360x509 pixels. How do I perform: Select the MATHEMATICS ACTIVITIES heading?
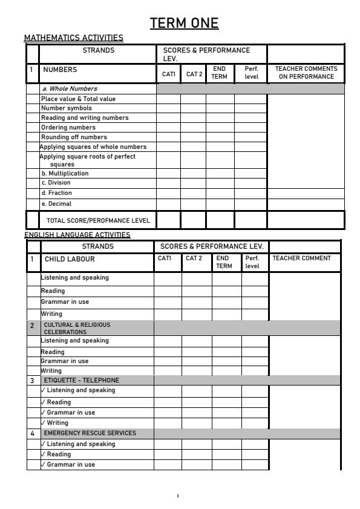tap(73, 38)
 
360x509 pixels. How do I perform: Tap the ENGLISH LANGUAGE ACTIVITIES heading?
tap(77, 235)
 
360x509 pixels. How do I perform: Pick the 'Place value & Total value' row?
tap(78, 99)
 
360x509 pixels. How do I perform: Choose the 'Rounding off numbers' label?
tap(69, 137)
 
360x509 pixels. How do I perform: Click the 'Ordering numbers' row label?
tap(68, 128)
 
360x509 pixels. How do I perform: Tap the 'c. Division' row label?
tap(56, 183)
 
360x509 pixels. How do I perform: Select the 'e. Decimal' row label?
tap(56, 204)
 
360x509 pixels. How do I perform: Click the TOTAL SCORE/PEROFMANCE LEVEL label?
tap(98, 220)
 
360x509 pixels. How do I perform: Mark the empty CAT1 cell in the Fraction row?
tap(168, 193)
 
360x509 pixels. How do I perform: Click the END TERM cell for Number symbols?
tap(220, 108)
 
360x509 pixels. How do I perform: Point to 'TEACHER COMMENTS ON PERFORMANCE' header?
tap(306, 73)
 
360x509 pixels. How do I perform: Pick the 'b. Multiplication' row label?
tap(65, 173)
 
